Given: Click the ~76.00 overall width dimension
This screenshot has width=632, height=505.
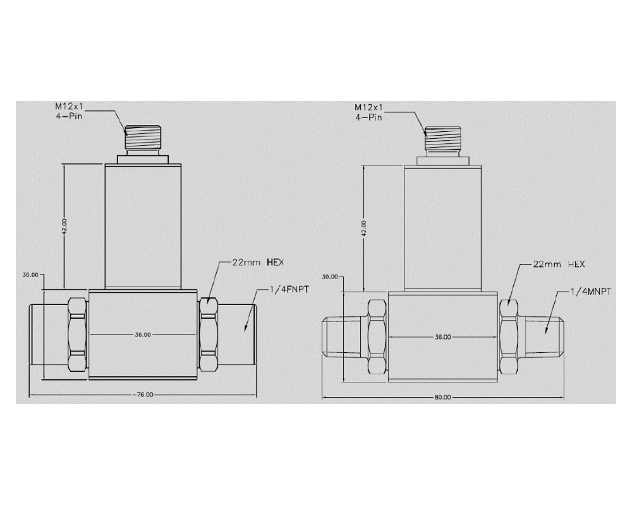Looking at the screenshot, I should click(x=143, y=394).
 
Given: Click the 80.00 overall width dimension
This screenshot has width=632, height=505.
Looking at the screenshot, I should click(x=442, y=397).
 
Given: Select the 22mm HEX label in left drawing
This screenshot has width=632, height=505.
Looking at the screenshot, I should click(x=252, y=261).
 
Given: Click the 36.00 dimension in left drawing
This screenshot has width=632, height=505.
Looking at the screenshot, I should click(x=142, y=335).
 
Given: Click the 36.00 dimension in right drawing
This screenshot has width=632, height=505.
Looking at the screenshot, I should click(x=442, y=337).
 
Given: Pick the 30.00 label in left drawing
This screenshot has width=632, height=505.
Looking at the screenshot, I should click(x=30, y=275).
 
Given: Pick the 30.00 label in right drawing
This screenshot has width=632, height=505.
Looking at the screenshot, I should click(x=329, y=276).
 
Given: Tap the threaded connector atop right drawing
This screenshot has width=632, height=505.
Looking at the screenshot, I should click(x=442, y=139).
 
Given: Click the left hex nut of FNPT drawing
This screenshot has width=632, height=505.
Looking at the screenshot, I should click(x=76, y=335).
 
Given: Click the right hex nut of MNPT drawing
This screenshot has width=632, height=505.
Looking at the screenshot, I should click(x=509, y=337).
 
